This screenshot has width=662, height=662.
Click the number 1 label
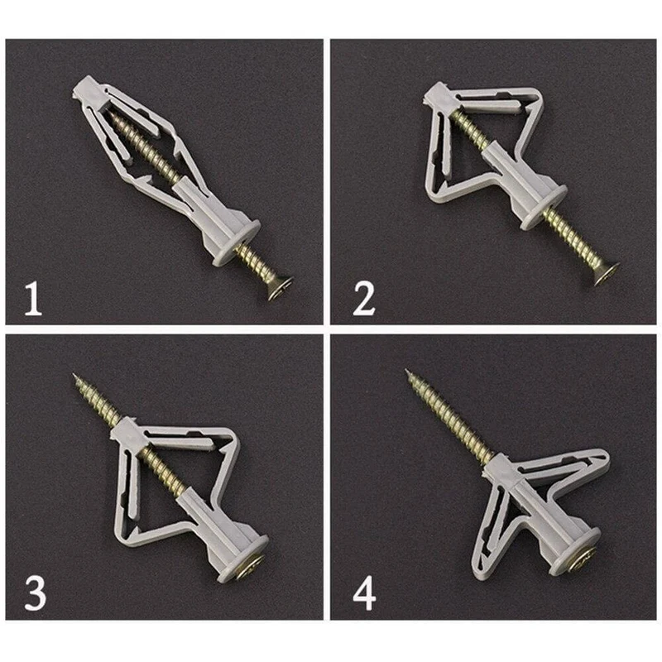(33, 299)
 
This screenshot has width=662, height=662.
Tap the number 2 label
(363, 299)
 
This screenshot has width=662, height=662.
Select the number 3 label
(35, 593)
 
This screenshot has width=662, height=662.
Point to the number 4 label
(364, 594)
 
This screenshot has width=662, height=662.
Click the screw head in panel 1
(280, 287)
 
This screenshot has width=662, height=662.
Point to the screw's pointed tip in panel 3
(74, 374)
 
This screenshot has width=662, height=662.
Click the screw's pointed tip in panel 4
(406, 370)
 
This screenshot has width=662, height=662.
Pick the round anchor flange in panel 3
(242, 559)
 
